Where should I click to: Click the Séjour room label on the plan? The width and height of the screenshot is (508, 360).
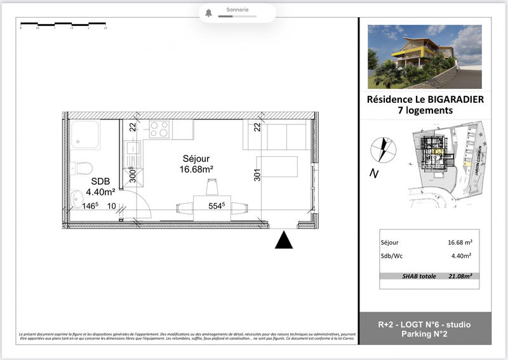196,158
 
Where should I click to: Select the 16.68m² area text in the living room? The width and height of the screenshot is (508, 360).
197,169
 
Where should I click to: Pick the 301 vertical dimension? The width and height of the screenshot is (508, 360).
257,175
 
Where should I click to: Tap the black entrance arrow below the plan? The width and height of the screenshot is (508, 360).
284,241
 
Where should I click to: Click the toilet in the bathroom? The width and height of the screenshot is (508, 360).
83,168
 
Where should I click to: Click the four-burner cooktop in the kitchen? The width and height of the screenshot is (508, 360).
159,130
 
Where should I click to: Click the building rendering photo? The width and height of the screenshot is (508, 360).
424,57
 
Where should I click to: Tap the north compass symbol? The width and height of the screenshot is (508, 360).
384,150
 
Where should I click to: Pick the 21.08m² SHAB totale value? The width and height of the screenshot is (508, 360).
463,276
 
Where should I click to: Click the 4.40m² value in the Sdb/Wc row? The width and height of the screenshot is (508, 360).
460,256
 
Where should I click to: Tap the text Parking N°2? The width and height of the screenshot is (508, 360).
424,335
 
